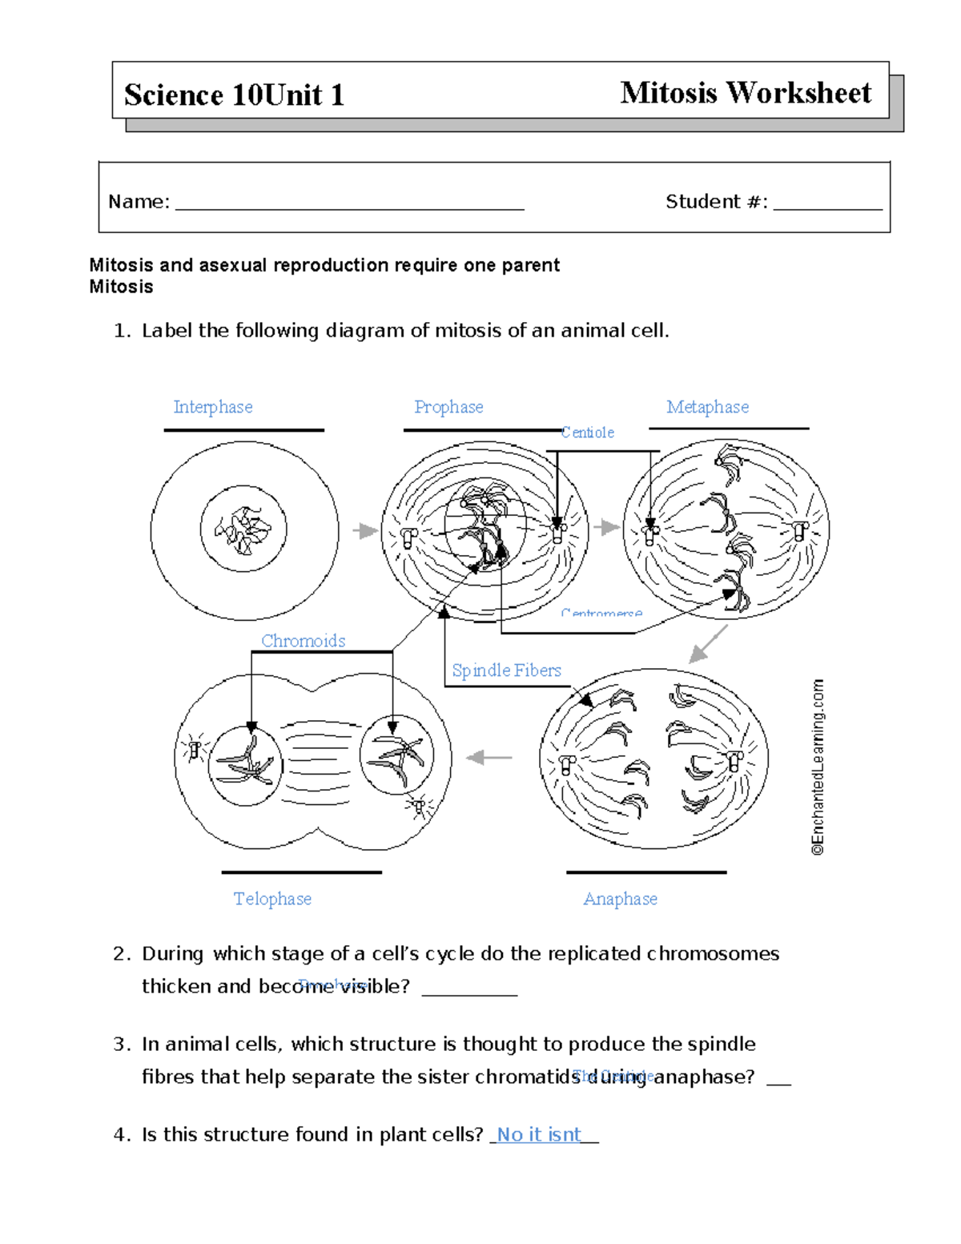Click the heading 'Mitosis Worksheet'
[745, 93]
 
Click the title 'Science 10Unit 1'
[234, 95]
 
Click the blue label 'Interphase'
[213, 407]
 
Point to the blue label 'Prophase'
[448, 407]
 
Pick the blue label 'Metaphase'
[707, 407]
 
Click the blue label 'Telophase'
[272, 899]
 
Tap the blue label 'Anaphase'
[620, 899]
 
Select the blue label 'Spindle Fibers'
[506, 670]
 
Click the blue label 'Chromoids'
[303, 641]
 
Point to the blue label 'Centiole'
[588, 433]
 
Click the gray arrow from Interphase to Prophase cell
[365, 531]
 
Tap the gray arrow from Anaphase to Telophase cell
[489, 757]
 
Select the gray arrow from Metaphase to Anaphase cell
[708, 644]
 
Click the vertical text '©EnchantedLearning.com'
[817, 767]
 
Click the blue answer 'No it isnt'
[539, 1134]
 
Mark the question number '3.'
[122, 1045]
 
